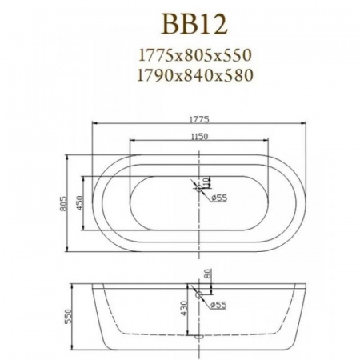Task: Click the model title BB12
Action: coord(196,23)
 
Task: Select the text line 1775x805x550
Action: coord(196,57)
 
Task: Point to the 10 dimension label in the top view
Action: coord(206,182)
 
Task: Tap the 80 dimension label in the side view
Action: coord(208,274)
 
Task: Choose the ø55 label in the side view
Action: coord(219,304)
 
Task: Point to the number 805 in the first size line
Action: coord(197,57)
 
